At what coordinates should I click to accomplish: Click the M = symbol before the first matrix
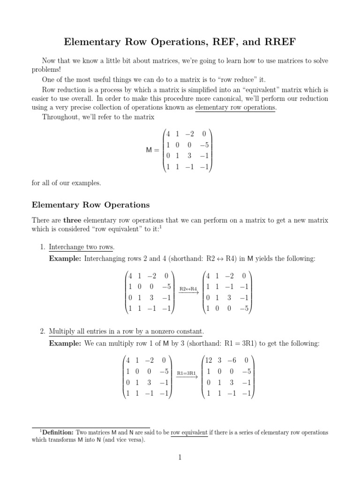click(150, 150)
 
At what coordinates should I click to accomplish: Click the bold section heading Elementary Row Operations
click(90, 205)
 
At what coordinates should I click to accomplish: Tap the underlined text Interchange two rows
click(81, 247)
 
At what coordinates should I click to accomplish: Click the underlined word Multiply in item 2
click(61, 332)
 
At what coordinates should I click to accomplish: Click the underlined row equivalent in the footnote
click(189, 432)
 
